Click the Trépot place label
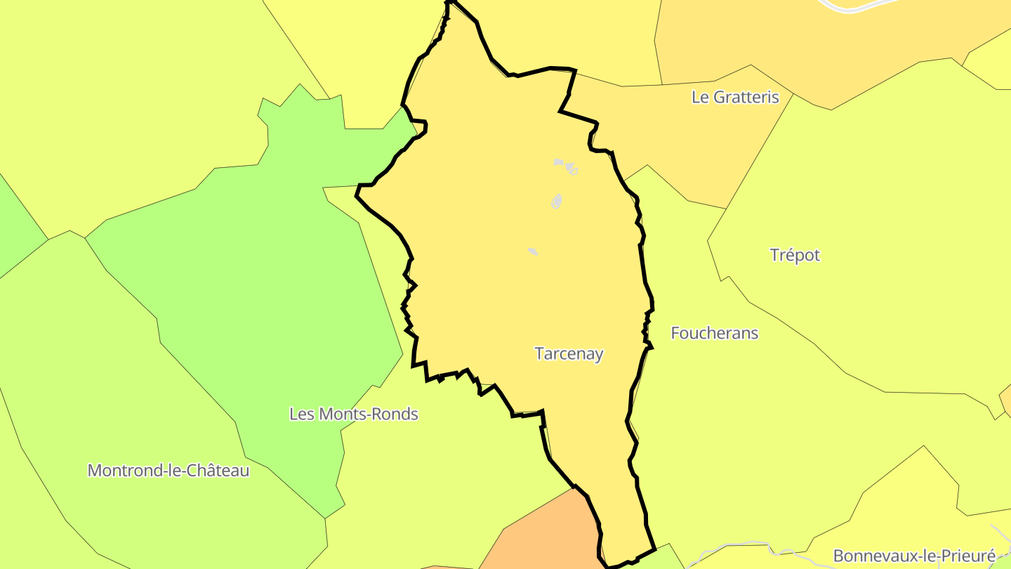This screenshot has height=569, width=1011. pyautogui.click(x=795, y=255)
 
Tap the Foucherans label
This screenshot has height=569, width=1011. pyautogui.click(x=715, y=333)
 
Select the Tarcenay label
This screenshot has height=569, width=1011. pyautogui.click(x=569, y=354)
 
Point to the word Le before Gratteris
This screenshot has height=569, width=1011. pyautogui.click(x=701, y=97)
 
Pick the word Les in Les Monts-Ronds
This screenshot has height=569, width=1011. pyautogui.click(x=301, y=414)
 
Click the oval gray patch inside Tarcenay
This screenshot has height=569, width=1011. pyautogui.click(x=557, y=202)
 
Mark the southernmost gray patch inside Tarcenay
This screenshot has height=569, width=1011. pyautogui.click(x=533, y=251)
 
